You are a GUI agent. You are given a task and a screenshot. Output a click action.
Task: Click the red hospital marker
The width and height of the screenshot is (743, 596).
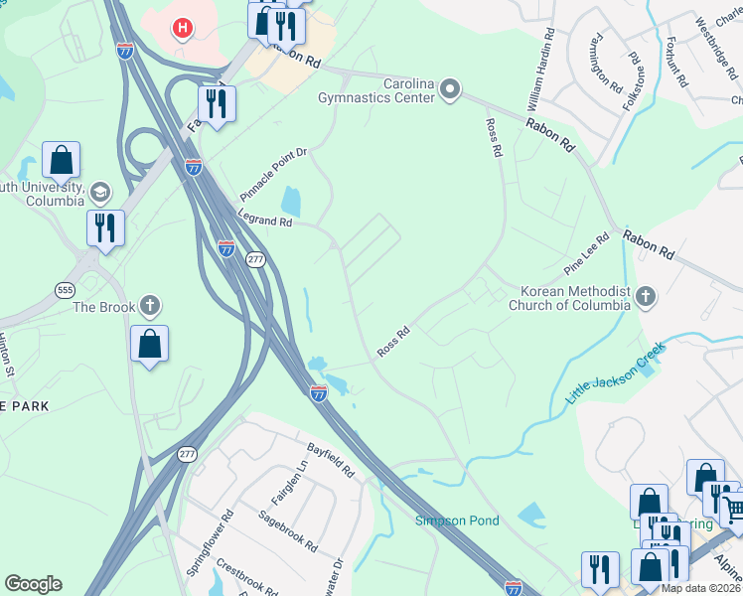(x=181, y=28)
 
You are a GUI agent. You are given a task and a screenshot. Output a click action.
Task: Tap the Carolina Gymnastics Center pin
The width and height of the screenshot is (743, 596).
(x=450, y=91)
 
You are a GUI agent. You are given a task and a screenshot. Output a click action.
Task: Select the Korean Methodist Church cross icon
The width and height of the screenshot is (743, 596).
(x=646, y=296)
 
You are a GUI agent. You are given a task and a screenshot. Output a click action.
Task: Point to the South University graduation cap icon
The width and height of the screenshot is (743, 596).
(x=99, y=191)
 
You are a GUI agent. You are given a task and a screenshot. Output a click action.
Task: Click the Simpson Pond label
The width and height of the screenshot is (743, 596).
(x=457, y=520)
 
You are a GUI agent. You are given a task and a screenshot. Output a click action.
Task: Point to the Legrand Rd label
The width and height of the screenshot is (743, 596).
(x=264, y=217)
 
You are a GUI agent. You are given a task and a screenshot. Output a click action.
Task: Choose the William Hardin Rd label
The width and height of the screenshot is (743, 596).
(x=539, y=71)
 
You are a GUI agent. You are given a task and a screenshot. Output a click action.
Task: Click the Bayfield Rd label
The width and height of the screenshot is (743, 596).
(x=331, y=459)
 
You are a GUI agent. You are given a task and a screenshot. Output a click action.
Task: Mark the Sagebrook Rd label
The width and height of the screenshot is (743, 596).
(x=287, y=530)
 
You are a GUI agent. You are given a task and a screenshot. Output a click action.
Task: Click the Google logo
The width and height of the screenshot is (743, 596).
(x=33, y=584)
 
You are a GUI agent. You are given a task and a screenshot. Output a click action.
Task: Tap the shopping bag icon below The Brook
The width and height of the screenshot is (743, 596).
(x=149, y=345)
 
